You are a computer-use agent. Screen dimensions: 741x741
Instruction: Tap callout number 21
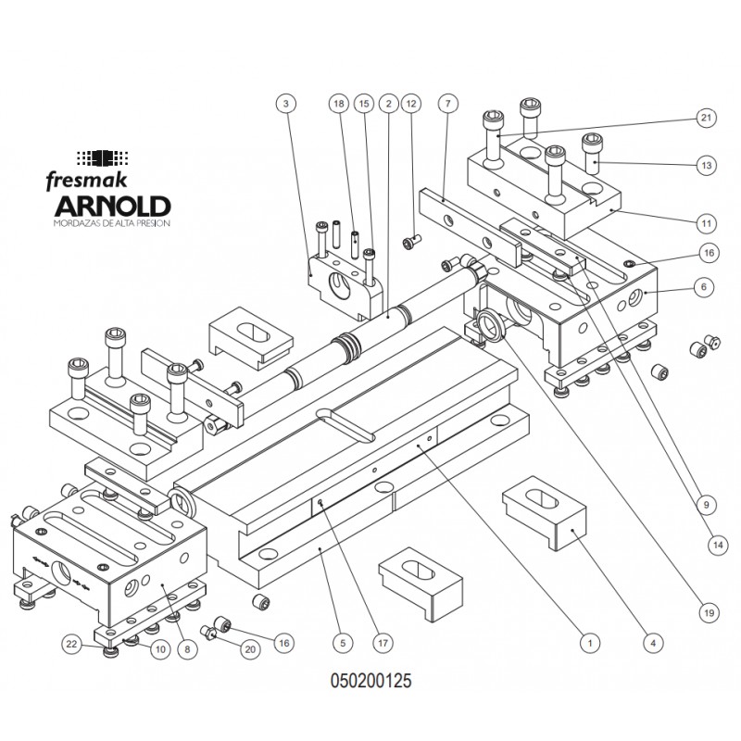[x=707, y=118]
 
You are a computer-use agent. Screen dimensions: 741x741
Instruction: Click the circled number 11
[x=707, y=223]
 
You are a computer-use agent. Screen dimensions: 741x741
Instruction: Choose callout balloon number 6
[x=707, y=287]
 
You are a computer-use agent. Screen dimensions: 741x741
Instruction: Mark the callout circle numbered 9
[x=707, y=505]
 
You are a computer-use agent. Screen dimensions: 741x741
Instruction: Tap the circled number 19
[x=707, y=610]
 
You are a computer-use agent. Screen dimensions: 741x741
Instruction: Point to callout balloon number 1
[x=585, y=640]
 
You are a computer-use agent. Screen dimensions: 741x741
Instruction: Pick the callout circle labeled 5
[x=342, y=641]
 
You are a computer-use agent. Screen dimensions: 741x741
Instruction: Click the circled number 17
[x=378, y=641]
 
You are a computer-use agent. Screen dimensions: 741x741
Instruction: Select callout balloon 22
[x=71, y=642]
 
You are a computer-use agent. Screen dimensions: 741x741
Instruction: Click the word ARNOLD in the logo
[x=111, y=205]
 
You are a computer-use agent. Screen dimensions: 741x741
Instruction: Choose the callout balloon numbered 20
[x=247, y=651]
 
